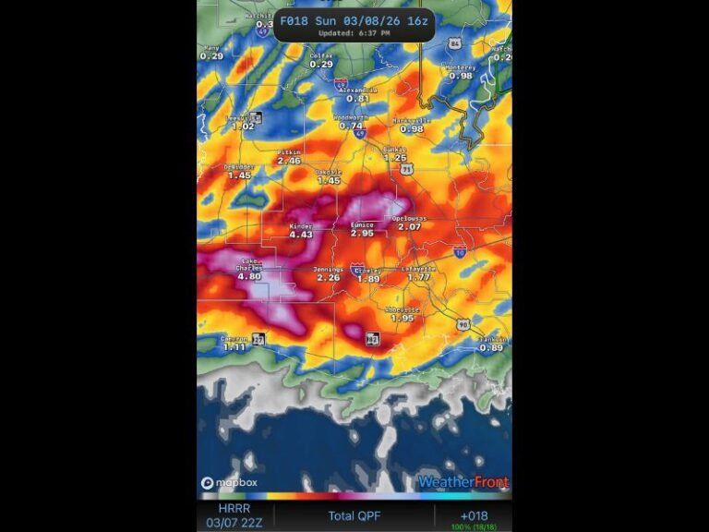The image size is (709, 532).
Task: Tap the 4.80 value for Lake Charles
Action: pos(249,276)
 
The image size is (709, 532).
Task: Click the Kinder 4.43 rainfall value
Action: pos(301,235)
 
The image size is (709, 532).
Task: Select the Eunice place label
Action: pos(362,224)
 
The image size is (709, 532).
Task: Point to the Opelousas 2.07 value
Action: pos(409,226)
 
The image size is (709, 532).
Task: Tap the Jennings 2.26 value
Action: pos(329,277)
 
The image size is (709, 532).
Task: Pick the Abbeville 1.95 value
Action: pos(402,318)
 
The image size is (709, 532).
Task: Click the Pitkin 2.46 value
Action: pos(289,161)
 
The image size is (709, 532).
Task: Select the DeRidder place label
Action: pos(239,167)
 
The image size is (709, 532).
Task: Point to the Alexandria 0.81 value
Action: pos(358,98)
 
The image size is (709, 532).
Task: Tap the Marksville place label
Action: pos(411,120)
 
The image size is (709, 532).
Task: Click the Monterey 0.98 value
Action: pos(460,76)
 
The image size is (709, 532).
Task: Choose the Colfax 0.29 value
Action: pos(321,65)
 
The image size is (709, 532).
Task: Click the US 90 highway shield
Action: pos(463,324)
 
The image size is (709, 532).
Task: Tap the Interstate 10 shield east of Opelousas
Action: pos(460,250)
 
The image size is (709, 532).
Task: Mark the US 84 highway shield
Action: pos(453,42)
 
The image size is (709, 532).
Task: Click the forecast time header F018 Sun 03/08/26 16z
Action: pos(354,19)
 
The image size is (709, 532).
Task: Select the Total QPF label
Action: pos(354,515)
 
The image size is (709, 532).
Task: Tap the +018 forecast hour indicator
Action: pos(474,515)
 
